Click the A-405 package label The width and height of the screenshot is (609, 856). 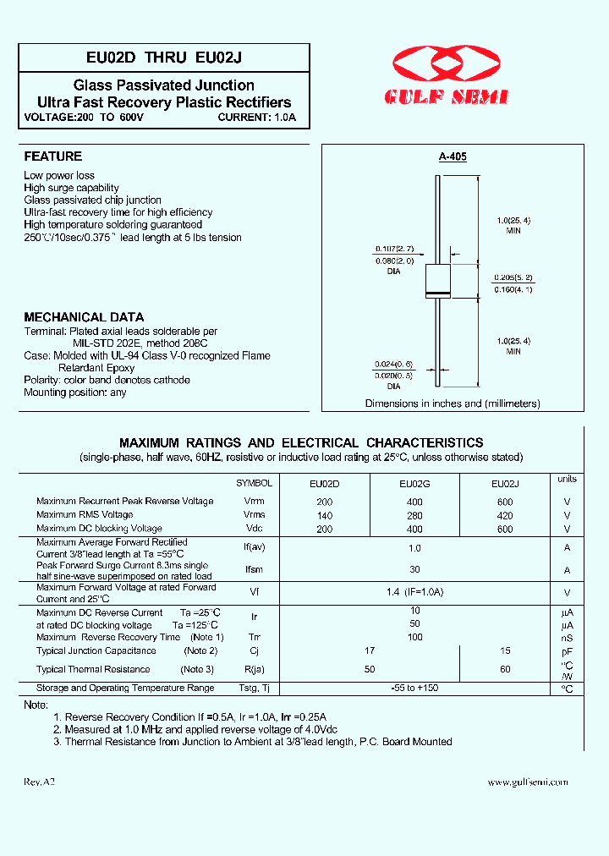pos(453,157)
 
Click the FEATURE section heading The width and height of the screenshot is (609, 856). pos(53,156)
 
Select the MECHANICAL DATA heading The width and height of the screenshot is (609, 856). pos(84,317)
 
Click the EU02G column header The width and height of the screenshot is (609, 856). pos(414,485)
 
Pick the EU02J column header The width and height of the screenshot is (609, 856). pos(505,485)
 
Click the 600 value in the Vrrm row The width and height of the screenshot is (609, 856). pos(505,502)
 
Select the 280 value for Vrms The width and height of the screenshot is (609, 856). pos(414,515)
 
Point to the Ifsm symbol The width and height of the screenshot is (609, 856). pos(254,570)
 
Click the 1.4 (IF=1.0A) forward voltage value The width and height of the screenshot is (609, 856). pos(414,592)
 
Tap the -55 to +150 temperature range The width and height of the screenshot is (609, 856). pos(414,689)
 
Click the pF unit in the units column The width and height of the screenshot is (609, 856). pos(567,651)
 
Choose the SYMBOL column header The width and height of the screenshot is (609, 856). pos(254,483)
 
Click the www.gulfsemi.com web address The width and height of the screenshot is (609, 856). pos(528,783)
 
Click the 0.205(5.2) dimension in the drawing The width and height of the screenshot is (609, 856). pos(513,277)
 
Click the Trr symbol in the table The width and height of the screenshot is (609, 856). pos(254,637)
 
